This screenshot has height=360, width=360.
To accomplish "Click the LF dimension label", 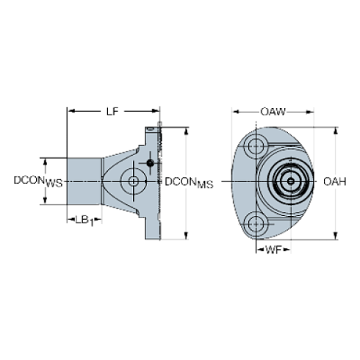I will point(112,111).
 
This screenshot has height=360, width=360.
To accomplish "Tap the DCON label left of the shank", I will point(37,180).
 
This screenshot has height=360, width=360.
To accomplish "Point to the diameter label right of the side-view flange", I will point(190,181).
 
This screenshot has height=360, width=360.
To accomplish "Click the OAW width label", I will point(273,112).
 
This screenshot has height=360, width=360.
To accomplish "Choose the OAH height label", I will point(335,181).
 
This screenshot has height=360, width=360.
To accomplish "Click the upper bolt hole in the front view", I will point(255,144).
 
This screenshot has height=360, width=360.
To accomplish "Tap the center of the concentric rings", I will point(290,180).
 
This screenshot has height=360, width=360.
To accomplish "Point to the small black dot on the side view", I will point(148,162).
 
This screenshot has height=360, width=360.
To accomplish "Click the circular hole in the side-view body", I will point(132,180).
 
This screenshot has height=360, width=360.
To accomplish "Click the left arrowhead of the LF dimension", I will point(71,111).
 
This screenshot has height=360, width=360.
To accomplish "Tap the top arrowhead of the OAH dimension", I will point(335,131).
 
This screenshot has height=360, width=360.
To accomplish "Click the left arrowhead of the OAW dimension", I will point(234,112).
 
